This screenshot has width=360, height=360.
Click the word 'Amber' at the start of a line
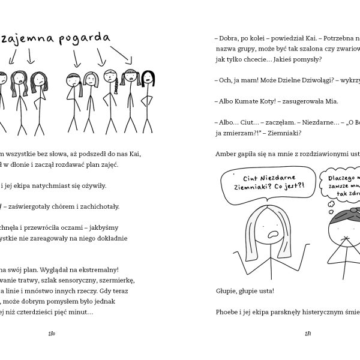point(226,154)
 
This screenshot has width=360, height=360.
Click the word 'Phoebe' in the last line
point(227,312)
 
